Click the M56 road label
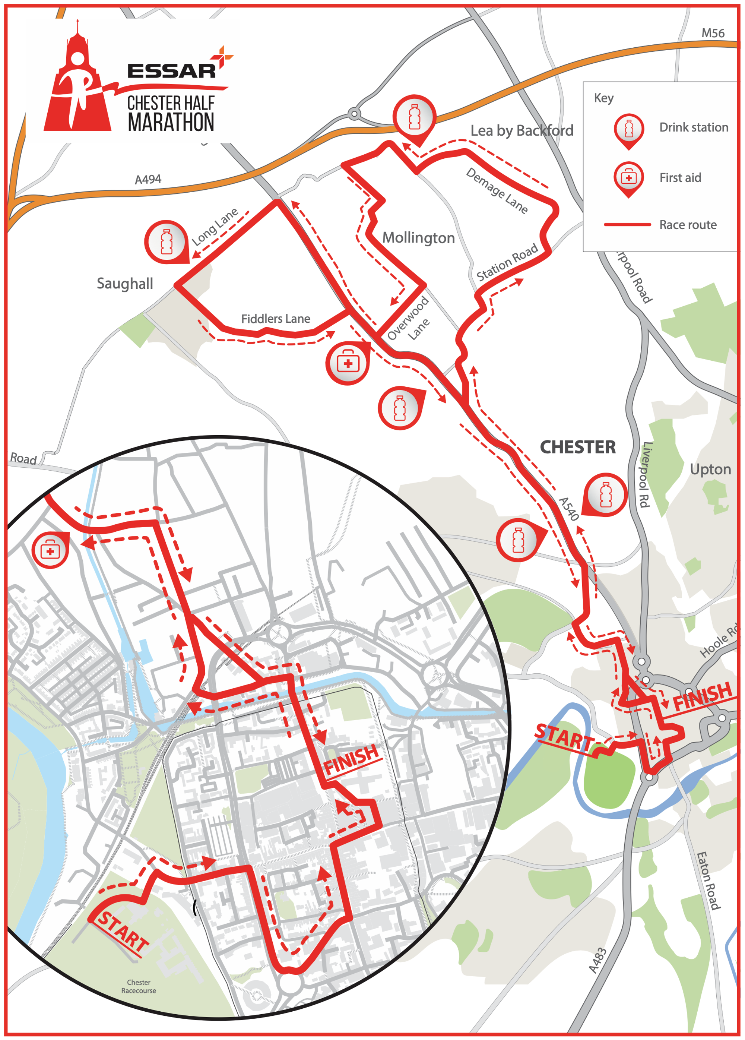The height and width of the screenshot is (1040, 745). pyautogui.click(x=713, y=33)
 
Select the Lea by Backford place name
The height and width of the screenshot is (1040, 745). pyautogui.click(x=522, y=131)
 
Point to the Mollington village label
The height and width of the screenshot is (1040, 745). pyautogui.click(x=418, y=237)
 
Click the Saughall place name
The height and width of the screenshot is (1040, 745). pyautogui.click(x=125, y=284)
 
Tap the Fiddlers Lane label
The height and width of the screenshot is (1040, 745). pyautogui.click(x=276, y=319)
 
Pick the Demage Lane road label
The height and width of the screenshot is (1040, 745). pyautogui.click(x=497, y=191)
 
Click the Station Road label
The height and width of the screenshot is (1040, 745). pyautogui.click(x=507, y=263)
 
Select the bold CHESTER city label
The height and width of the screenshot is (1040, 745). pyautogui.click(x=578, y=447)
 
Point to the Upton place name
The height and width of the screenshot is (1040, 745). pyautogui.click(x=710, y=470)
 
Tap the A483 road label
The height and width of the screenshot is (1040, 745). pyautogui.click(x=598, y=960)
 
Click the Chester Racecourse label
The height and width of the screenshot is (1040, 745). pyautogui.click(x=139, y=986)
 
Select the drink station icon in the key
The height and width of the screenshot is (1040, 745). pyautogui.click(x=628, y=130)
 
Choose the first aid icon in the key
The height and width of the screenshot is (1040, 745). pyautogui.click(x=628, y=178)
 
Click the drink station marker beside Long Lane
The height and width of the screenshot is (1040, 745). pyautogui.click(x=167, y=242)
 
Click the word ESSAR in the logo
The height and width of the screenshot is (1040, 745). pyautogui.click(x=171, y=71)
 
